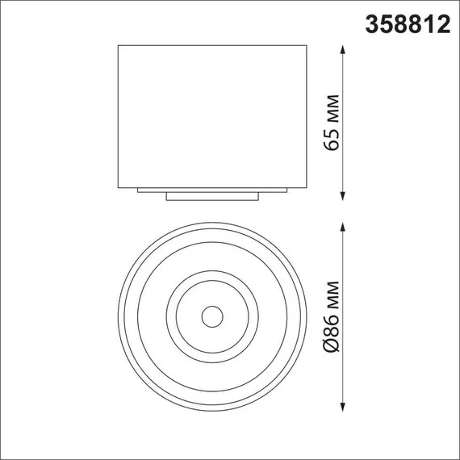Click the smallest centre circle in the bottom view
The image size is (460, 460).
click(212, 316)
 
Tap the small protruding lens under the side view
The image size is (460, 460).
click(212, 196)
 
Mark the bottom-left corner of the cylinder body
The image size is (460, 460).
click(119, 186)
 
